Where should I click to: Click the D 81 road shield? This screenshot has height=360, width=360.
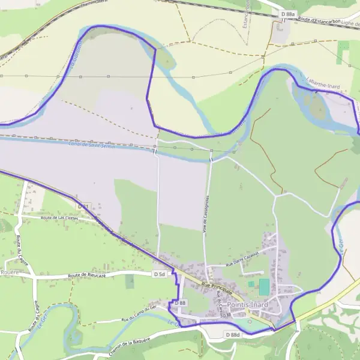83,206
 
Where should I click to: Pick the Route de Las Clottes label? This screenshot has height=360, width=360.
60,217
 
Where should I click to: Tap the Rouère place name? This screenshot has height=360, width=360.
10,272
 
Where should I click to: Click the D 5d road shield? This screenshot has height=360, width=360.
158,274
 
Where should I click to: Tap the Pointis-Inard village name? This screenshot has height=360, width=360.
248,304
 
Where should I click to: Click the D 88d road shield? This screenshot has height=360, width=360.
232,334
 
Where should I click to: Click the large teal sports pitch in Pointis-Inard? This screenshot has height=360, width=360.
264,287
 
